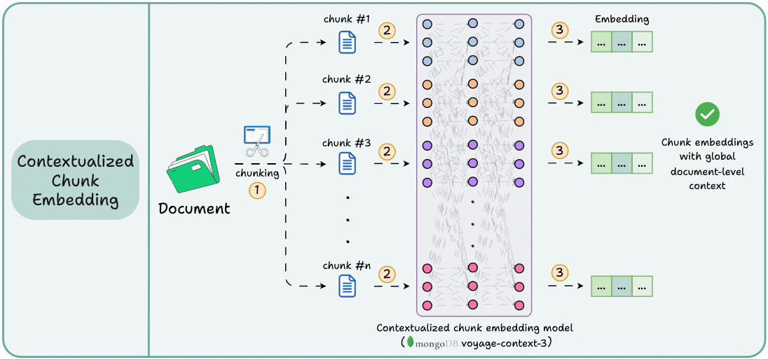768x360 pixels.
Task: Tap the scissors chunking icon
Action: click(x=256, y=141)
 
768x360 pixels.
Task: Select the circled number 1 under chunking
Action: click(x=259, y=190)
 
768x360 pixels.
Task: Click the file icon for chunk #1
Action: click(x=347, y=43)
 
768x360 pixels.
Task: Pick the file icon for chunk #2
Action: click(x=347, y=104)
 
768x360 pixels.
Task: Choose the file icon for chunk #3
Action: click(x=347, y=164)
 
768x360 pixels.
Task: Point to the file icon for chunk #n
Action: click(x=347, y=286)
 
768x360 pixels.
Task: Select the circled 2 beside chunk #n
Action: click(x=387, y=273)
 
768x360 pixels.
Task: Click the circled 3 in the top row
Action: click(x=559, y=30)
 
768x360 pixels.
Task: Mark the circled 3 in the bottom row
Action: click(x=559, y=273)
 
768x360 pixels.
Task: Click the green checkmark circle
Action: click(x=707, y=114)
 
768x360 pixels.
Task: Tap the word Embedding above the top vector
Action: click(x=622, y=20)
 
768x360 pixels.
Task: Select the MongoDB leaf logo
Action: click(x=411, y=343)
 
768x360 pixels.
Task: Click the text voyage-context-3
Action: click(x=510, y=343)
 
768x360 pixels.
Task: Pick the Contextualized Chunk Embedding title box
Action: click(x=76, y=181)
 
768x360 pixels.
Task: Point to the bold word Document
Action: click(x=194, y=209)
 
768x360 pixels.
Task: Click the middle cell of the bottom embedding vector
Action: click(x=622, y=286)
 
